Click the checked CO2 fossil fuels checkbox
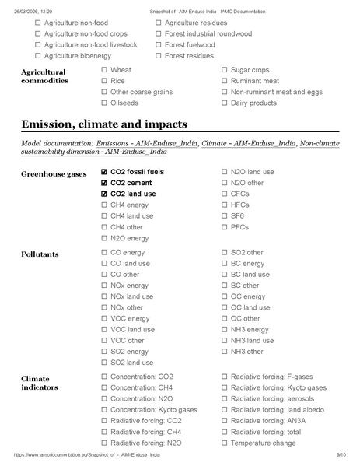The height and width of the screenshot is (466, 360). [104, 172]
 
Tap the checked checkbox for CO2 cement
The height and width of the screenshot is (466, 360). [104, 183]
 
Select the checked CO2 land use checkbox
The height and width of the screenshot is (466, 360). [104, 194]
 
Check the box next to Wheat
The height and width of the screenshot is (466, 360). [104, 70]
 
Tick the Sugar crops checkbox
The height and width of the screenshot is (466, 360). [225, 70]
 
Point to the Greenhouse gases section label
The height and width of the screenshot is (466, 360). [54, 173]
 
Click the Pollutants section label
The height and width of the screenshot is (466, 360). [40, 254]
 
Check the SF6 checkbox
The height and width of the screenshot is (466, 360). [225, 216]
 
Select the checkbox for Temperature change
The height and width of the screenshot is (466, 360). [225, 443]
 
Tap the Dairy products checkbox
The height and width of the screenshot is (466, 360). [225, 103]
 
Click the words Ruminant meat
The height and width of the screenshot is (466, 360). [254, 81]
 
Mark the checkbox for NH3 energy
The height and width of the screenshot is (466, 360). [225, 329]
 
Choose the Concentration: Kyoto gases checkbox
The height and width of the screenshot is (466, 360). [104, 409]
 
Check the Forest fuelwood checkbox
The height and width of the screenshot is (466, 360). [159, 45]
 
